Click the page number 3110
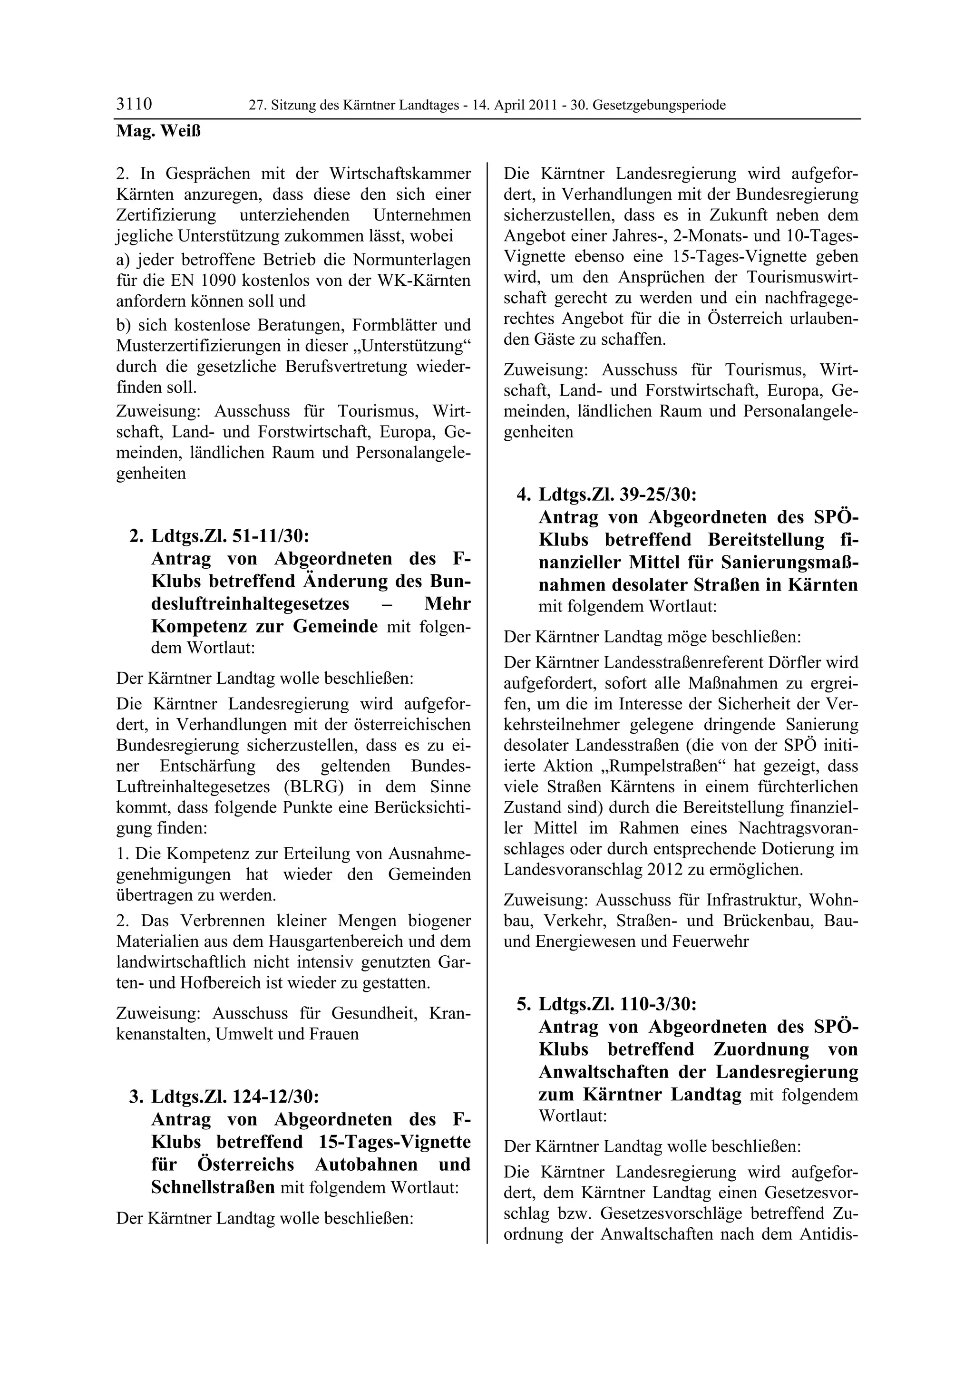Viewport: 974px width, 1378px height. (134, 105)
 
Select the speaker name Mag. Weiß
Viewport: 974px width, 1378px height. (158, 131)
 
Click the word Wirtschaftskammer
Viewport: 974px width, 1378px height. (399, 174)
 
